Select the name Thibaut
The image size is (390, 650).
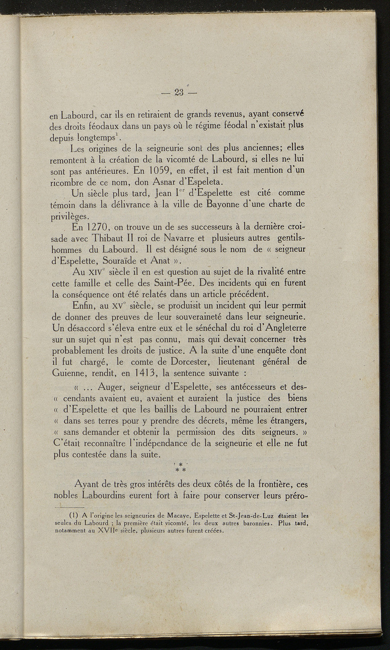pos(106,239)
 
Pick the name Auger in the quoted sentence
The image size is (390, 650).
pos(112,388)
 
